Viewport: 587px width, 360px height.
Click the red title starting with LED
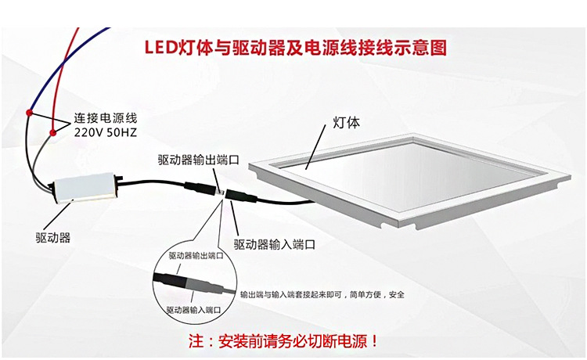[295, 48]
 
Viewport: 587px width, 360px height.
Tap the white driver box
[85, 188]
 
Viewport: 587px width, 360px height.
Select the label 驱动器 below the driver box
[52, 237]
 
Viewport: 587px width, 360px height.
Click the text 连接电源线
[106, 118]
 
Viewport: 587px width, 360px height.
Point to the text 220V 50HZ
[105, 132]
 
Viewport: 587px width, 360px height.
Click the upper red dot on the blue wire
[29, 112]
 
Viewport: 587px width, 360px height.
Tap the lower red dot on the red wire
[52, 132]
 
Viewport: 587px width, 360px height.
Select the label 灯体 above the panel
[346, 122]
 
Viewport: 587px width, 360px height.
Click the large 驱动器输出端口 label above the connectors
[199, 160]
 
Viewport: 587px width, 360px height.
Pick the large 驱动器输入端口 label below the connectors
[275, 244]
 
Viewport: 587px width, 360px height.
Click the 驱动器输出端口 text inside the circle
[196, 256]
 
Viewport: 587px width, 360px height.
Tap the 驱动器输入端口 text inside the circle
[193, 310]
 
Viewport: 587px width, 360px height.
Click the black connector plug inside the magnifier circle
[171, 280]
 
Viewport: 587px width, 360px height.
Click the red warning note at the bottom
[283, 341]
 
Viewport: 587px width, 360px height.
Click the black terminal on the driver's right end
[120, 180]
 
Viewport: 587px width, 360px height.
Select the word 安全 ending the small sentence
[397, 295]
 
